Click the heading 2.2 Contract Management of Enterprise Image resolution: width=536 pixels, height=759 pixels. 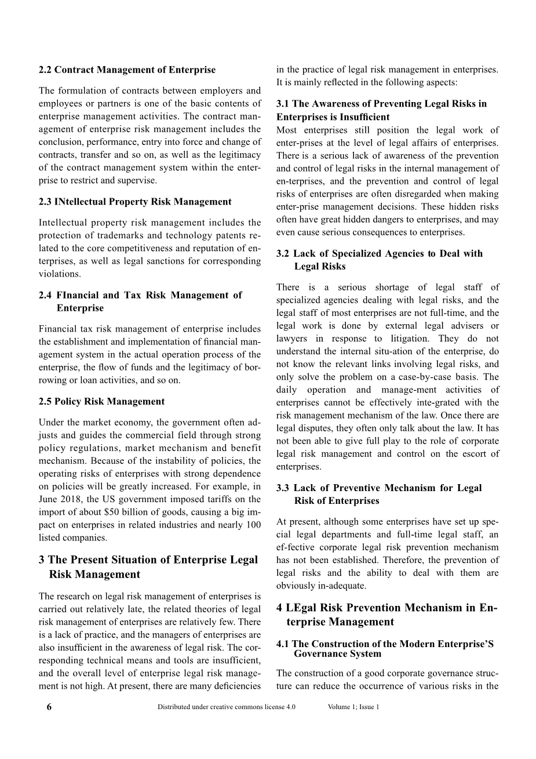127,70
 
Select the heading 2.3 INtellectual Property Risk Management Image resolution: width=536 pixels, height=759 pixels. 135,202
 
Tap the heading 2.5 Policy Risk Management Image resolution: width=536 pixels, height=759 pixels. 101,401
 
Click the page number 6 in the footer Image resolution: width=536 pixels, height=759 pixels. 49,707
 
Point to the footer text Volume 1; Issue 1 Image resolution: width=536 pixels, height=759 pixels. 353,707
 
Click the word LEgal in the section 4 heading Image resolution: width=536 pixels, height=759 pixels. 305,608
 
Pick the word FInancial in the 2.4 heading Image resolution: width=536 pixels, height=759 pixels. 78,295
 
